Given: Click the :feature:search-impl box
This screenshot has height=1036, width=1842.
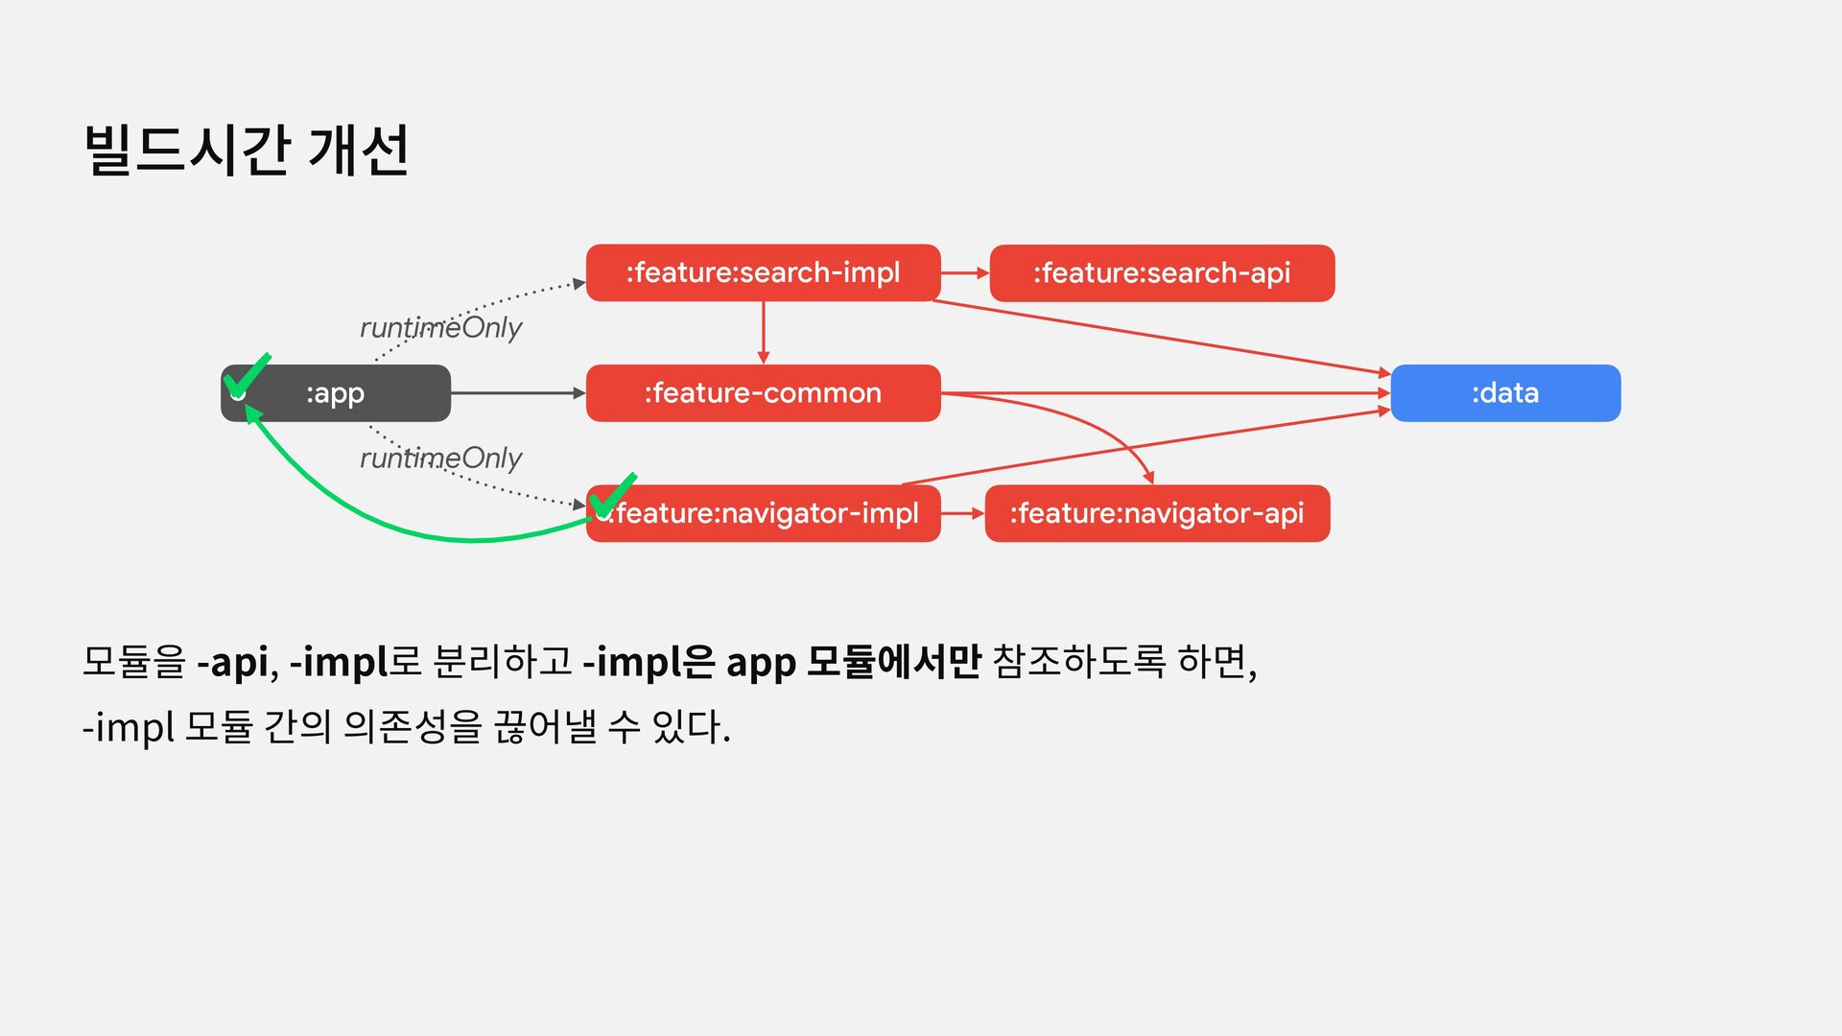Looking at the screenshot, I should (x=763, y=273).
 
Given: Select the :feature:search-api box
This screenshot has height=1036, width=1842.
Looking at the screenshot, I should (x=1161, y=273).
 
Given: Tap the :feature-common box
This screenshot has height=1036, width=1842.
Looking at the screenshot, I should (x=763, y=393).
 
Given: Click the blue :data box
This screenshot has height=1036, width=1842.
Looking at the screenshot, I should (x=1504, y=393).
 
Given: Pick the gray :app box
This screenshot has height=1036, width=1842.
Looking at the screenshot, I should (x=336, y=393).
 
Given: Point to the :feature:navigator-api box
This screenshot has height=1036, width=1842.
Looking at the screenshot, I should (x=1156, y=514).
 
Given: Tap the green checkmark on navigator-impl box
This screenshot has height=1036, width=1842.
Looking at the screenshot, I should (x=612, y=496).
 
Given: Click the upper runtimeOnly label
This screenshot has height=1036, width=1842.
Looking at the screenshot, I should (x=440, y=328).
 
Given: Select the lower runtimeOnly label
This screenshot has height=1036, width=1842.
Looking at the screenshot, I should (x=440, y=459).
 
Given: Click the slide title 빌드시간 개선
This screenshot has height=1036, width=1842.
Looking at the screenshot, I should (x=247, y=151).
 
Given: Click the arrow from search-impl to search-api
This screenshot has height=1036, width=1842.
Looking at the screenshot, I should (x=964, y=273).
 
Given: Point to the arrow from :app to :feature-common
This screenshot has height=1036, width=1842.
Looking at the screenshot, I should (x=518, y=393).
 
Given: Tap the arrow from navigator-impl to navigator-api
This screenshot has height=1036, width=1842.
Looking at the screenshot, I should (x=962, y=514).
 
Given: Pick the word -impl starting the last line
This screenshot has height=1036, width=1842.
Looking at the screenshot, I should (x=128, y=727).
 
